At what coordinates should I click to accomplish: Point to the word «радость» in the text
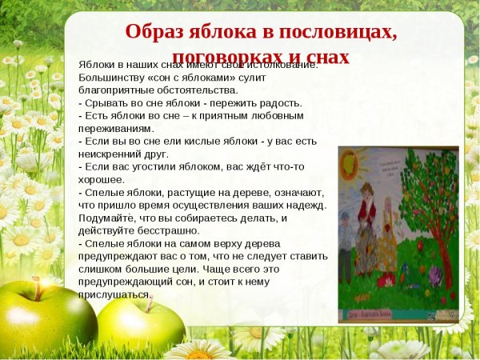pos(277,103)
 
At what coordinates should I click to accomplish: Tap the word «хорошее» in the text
pos(101,179)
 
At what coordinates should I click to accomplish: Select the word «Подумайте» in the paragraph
pos(109,218)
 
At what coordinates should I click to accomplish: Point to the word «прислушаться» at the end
pos(115,294)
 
